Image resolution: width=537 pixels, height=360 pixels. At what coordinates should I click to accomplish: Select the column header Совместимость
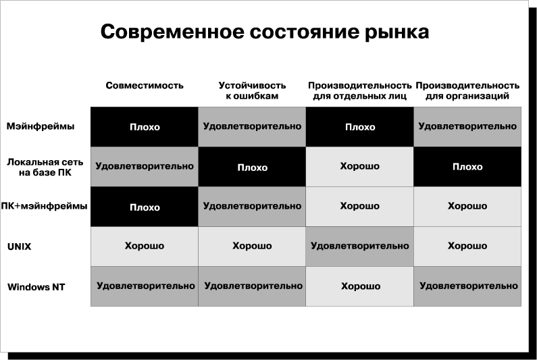click(x=144, y=85)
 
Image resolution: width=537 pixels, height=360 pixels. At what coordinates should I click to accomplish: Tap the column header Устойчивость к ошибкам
click(x=252, y=91)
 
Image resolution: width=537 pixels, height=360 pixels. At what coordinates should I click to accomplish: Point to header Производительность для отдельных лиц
click(x=359, y=91)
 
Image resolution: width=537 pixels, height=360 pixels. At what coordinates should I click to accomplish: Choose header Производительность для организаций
click(x=467, y=91)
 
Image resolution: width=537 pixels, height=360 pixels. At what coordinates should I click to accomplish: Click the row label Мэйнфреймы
click(x=41, y=126)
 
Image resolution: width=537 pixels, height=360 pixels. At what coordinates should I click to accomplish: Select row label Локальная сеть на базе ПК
click(x=45, y=167)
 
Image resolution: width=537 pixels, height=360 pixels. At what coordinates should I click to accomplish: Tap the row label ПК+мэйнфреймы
click(x=44, y=206)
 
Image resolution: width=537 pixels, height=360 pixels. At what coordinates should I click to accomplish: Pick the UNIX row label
click(x=19, y=247)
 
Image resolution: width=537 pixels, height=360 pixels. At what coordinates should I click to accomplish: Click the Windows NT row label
click(x=36, y=286)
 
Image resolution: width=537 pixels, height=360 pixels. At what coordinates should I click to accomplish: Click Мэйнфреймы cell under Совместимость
click(x=144, y=127)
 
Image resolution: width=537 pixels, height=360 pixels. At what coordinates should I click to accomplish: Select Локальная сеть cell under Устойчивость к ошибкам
click(x=252, y=167)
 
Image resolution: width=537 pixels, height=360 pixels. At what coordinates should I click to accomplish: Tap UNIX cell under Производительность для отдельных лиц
click(x=359, y=247)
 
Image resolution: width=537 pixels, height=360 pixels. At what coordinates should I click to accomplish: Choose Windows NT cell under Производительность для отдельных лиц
click(x=359, y=286)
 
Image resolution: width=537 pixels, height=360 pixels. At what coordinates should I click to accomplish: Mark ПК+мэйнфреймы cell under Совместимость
click(x=144, y=207)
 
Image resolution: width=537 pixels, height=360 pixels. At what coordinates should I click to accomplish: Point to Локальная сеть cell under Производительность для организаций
click(x=467, y=167)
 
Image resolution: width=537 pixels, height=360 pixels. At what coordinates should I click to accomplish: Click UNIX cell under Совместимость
click(x=144, y=247)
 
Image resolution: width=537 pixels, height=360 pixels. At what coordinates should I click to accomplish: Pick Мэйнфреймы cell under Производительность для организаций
click(x=467, y=127)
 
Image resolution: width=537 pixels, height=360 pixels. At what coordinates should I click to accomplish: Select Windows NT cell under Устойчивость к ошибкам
click(x=252, y=286)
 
